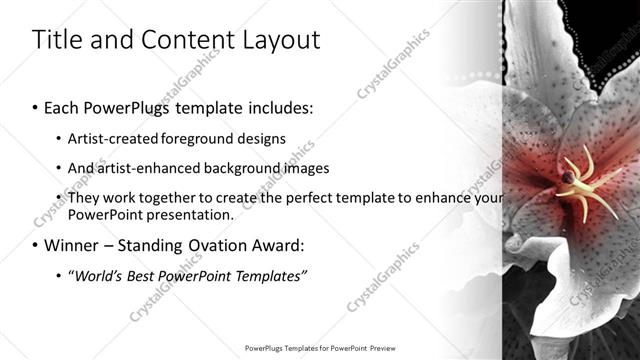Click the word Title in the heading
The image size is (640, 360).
click(x=56, y=40)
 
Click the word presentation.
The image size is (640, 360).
click(x=191, y=214)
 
